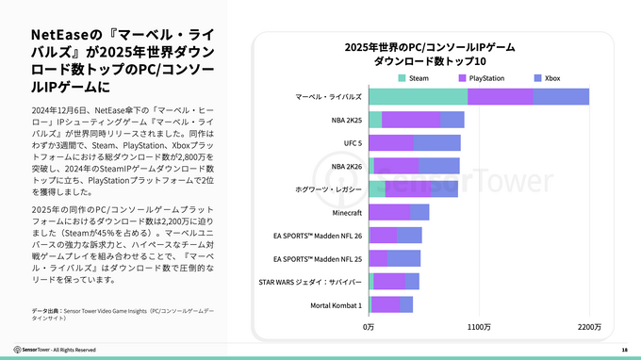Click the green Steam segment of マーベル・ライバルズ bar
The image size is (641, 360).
[x=418, y=96]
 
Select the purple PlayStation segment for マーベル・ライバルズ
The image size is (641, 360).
[x=500, y=96]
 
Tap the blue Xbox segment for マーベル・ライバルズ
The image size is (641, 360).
[x=561, y=96]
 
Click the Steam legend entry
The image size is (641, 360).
[x=413, y=77]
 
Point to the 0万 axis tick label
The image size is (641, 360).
[x=370, y=326]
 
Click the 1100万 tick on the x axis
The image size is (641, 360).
[x=479, y=326]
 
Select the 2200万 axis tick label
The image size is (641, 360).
[x=589, y=326]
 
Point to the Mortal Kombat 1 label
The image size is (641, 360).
[x=336, y=304]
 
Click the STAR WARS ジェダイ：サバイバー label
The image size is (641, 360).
[x=310, y=281]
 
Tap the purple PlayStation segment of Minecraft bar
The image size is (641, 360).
[x=390, y=212]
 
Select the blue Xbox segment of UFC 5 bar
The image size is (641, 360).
[x=437, y=142]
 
